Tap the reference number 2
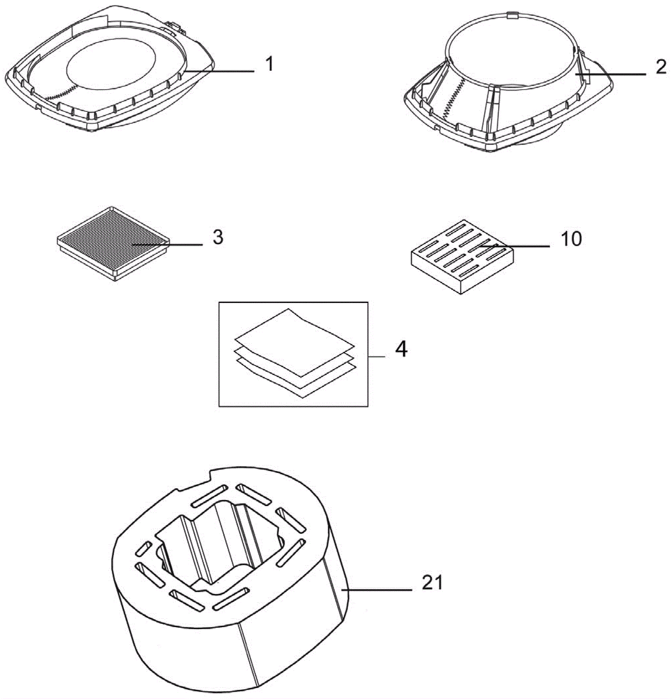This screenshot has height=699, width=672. coord(661,67)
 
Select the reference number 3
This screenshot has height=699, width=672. coord(218,237)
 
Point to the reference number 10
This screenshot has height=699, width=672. coord(571,239)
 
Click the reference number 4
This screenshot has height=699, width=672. coord(401,349)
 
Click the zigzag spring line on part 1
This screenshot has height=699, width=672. coord(63,93)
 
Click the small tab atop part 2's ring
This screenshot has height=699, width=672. coord(512,16)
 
